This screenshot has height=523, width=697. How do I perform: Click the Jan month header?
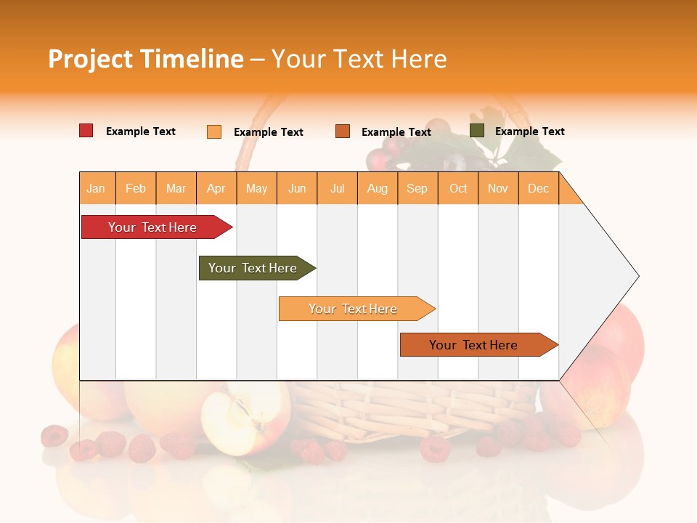point(96,188)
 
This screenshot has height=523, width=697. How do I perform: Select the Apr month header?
point(216,188)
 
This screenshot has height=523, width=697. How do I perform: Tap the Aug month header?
point(378,188)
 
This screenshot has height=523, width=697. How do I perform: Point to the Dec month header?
point(538,188)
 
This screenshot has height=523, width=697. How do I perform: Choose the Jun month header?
point(297,188)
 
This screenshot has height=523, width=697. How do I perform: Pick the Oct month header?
point(458,188)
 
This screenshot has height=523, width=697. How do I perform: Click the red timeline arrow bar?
point(152,227)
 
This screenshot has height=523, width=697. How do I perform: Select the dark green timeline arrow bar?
point(253,268)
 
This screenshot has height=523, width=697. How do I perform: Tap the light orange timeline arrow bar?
point(354,309)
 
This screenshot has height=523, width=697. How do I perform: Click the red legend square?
point(86,131)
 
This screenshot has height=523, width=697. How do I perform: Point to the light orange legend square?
point(214,131)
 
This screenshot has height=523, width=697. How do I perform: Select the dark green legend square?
point(477,131)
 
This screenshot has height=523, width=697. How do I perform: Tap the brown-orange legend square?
point(343,131)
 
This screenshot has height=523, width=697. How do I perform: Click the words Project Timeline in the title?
point(145,59)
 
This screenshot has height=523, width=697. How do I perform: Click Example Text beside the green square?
point(529,131)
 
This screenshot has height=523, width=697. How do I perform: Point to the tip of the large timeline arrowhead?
point(637,276)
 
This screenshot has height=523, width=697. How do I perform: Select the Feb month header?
point(136,188)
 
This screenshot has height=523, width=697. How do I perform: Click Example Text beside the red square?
point(140,131)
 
